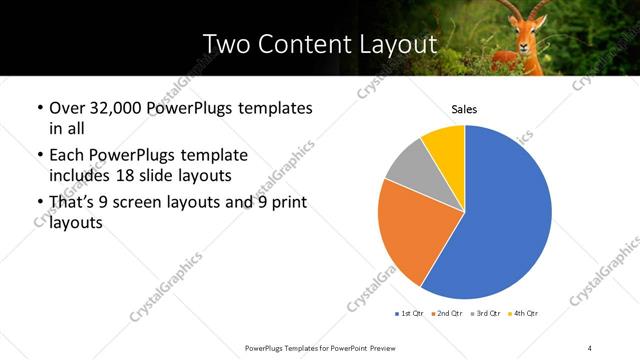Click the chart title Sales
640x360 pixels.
click(x=464, y=108)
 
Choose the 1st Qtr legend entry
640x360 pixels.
click(x=412, y=314)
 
